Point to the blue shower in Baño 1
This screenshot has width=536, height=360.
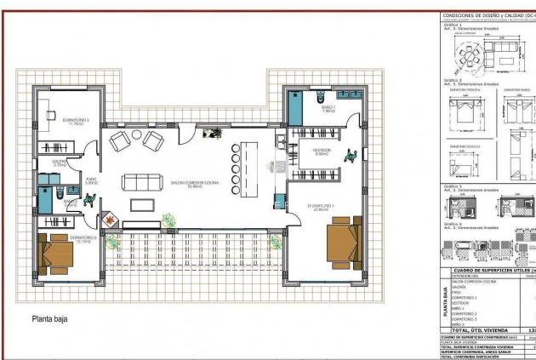(x=294, y=106)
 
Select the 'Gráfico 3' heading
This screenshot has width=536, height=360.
(x=453, y=185)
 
